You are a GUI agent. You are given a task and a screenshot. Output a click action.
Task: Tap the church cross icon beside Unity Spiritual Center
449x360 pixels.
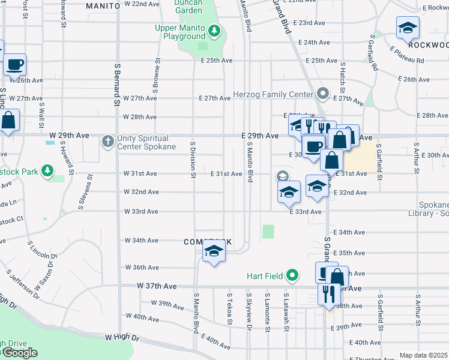click(x=108, y=142)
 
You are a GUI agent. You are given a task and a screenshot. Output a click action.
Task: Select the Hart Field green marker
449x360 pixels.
click(x=292, y=275)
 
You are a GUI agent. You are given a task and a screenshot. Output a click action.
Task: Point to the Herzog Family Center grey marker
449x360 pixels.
click(x=323, y=94)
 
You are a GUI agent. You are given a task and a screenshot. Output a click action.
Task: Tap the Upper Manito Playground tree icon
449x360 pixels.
click(x=214, y=31)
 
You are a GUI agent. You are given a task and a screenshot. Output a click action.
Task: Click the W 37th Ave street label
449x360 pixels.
click(x=157, y=287)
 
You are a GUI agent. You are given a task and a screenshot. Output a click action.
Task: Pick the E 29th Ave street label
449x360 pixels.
click(x=260, y=136)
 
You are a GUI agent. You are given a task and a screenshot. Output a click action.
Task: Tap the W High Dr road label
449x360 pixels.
click(x=122, y=338)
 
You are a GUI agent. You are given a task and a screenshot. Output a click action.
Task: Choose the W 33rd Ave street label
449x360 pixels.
click(x=141, y=211)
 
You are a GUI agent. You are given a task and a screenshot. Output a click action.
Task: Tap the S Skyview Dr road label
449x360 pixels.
click(x=248, y=311)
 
